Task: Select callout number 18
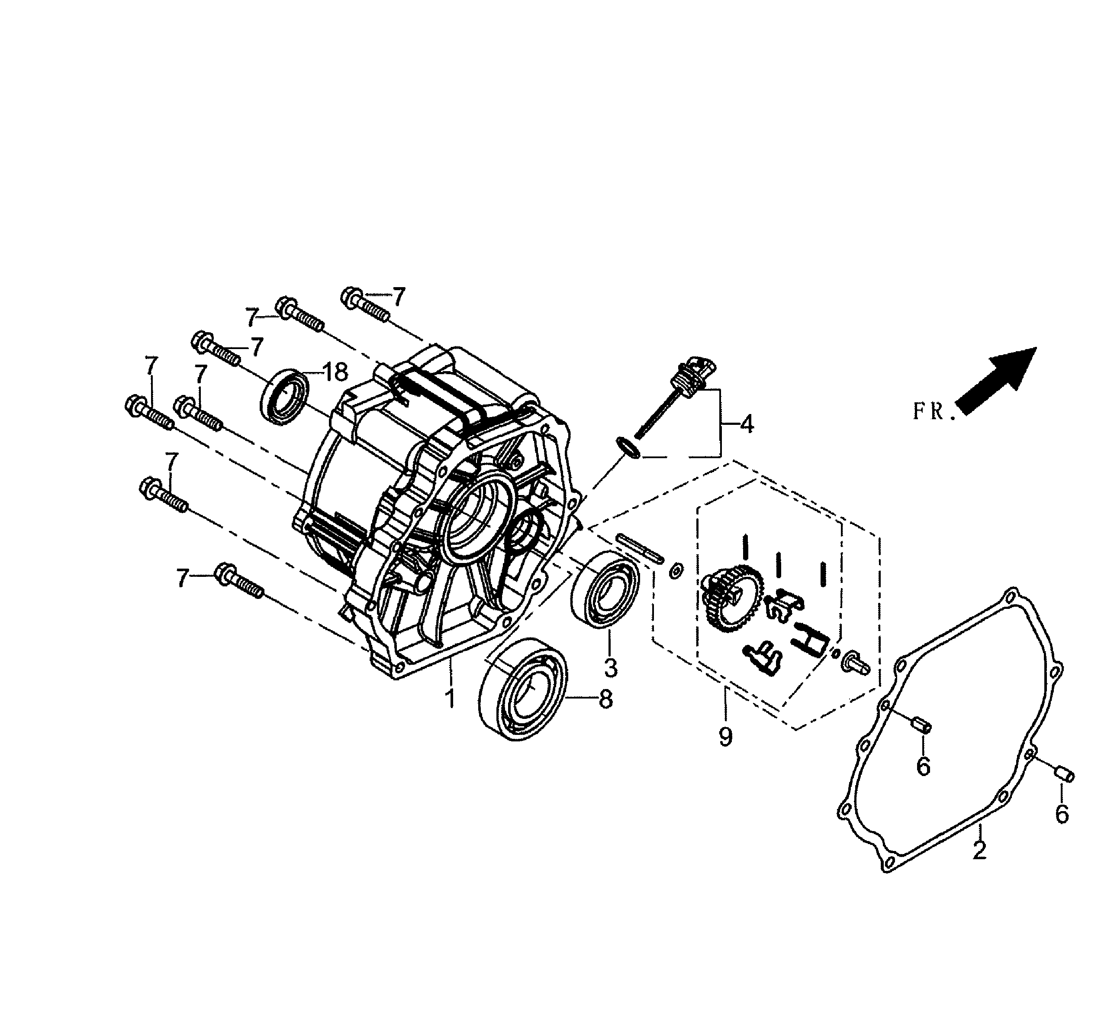coord(335,372)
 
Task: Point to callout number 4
coord(747,424)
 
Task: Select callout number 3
coord(610,668)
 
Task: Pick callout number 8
coord(606,699)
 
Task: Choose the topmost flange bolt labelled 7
coord(366,304)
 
